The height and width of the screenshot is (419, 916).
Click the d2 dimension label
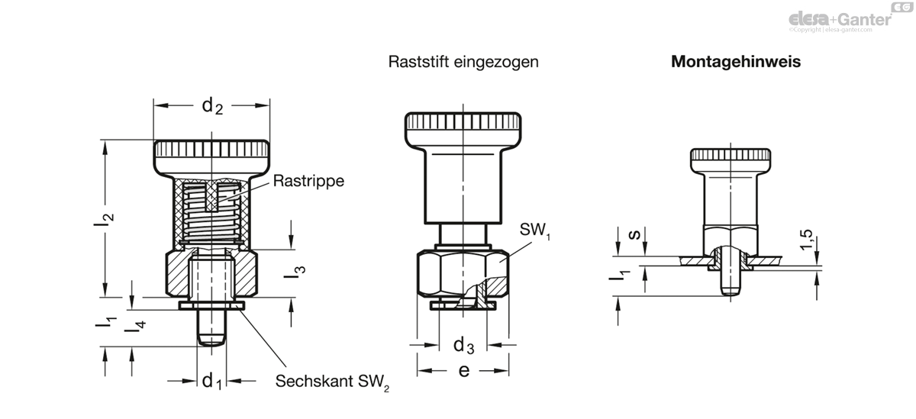click(212, 106)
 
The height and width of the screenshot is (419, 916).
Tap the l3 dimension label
click(295, 272)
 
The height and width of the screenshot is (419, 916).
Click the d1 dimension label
click(212, 381)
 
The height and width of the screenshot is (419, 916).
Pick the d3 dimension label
click(464, 346)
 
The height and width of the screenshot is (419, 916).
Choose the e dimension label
click(464, 371)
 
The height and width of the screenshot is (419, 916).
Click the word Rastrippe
click(308, 181)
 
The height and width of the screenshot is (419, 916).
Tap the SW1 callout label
click(535, 230)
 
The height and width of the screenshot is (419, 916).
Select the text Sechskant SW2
click(332, 382)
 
